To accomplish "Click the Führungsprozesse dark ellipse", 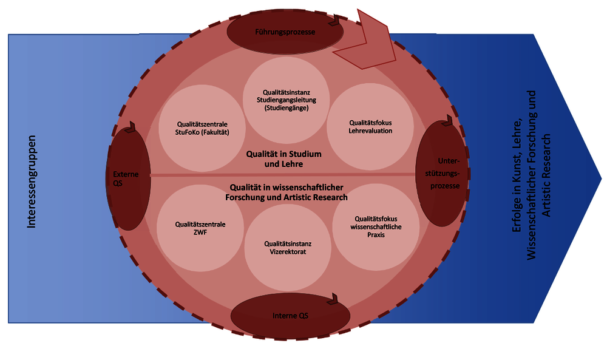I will click(x=284, y=32).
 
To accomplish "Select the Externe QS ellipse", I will click(x=127, y=178).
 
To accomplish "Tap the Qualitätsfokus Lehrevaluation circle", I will click(x=370, y=126).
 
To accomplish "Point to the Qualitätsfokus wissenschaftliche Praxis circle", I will click(x=376, y=225).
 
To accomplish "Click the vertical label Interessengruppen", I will click(x=32, y=182).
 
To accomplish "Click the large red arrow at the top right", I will click(x=371, y=42).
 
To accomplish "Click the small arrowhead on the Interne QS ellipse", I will click(x=334, y=299).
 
